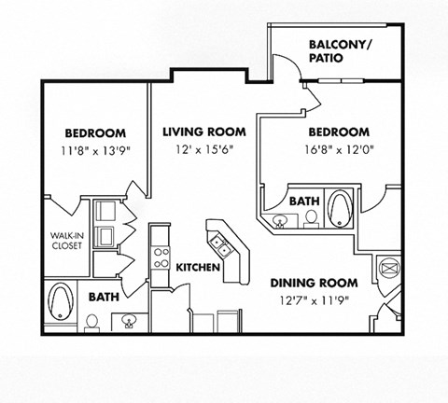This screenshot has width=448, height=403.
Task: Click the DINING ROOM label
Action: point(315,283)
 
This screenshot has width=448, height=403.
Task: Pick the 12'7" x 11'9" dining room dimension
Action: point(314,299)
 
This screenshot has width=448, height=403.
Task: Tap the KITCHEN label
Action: point(197,268)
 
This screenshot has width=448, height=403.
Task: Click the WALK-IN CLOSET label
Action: point(66,241)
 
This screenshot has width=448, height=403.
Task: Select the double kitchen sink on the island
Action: point(222,245)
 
